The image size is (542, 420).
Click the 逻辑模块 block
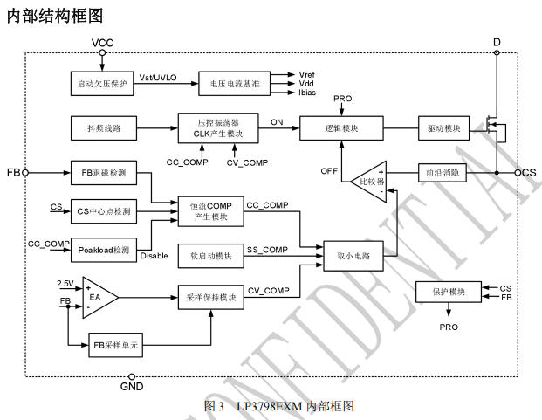click(341, 128)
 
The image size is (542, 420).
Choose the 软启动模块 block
click(210, 256)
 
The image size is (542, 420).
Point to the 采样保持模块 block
click(210, 297)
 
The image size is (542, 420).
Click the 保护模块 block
click(449, 291)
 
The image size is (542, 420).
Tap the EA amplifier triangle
click(96, 298)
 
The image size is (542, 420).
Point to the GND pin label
click(131, 386)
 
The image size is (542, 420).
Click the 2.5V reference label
click(65, 284)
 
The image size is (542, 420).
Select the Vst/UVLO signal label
click(159, 78)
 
